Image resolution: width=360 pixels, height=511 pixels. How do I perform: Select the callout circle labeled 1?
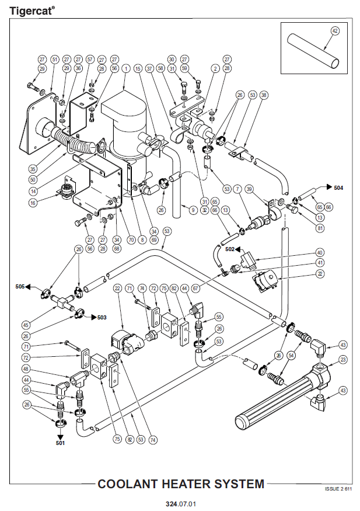point(126,68)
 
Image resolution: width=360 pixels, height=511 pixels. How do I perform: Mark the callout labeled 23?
point(342,359)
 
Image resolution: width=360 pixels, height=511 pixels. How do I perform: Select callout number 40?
point(319,252)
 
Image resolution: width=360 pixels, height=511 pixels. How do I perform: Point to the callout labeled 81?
point(320,228)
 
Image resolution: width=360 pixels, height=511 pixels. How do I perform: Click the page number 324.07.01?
point(180,503)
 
